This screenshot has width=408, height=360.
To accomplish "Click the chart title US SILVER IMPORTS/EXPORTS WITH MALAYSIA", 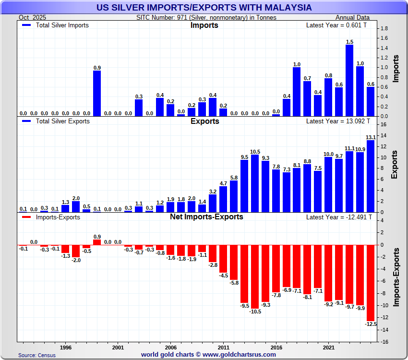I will tap(204, 8).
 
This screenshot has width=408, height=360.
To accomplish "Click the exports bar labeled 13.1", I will tap(371, 176).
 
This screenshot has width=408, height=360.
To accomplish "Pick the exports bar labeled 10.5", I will tap(255, 183).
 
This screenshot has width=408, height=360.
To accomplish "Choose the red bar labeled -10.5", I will tap(255, 276).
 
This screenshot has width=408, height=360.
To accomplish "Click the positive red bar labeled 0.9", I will tap(97, 242).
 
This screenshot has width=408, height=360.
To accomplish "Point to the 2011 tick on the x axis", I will tap(223, 347).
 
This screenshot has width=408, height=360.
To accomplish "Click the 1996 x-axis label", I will tap(66, 347).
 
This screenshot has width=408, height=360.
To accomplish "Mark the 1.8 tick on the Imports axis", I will tap(384, 29).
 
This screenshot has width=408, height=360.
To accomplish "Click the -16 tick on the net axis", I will tap(384, 342).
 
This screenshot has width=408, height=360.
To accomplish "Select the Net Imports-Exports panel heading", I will tap(206, 216).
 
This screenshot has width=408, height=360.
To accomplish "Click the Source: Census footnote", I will tap(37, 355).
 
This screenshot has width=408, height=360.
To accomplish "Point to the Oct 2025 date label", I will tap(31, 17).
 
